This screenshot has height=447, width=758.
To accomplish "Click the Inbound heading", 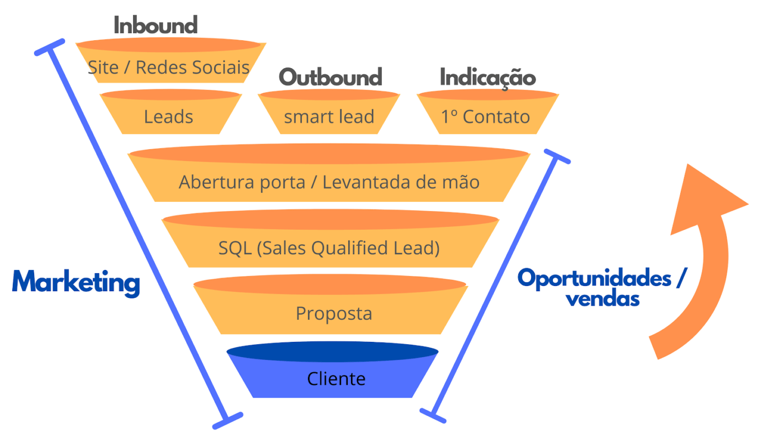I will point(155,25).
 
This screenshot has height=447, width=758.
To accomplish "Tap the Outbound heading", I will point(330,77).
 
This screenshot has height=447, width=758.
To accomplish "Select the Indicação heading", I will point(487,77).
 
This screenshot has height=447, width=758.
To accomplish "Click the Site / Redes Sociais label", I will point(168,68).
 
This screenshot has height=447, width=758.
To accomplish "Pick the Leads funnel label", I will point(168,117).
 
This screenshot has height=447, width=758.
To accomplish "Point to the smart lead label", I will point(329,117).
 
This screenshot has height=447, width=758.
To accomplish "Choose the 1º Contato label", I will point(485,117).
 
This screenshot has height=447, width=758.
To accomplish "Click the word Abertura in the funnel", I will point(211,182).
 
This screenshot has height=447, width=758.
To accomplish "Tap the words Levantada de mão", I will point(401,182).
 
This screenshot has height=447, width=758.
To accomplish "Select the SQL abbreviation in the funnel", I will point(235,248).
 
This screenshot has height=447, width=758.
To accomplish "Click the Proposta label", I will point(334,313).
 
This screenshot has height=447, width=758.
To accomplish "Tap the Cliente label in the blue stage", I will point(336,379).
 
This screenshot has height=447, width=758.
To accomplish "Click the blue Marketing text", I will point(76,282).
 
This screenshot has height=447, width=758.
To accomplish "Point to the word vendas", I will point(603,298).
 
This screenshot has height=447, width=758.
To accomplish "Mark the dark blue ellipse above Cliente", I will point(332,352).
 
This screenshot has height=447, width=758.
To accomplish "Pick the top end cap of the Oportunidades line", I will point(557,156).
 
